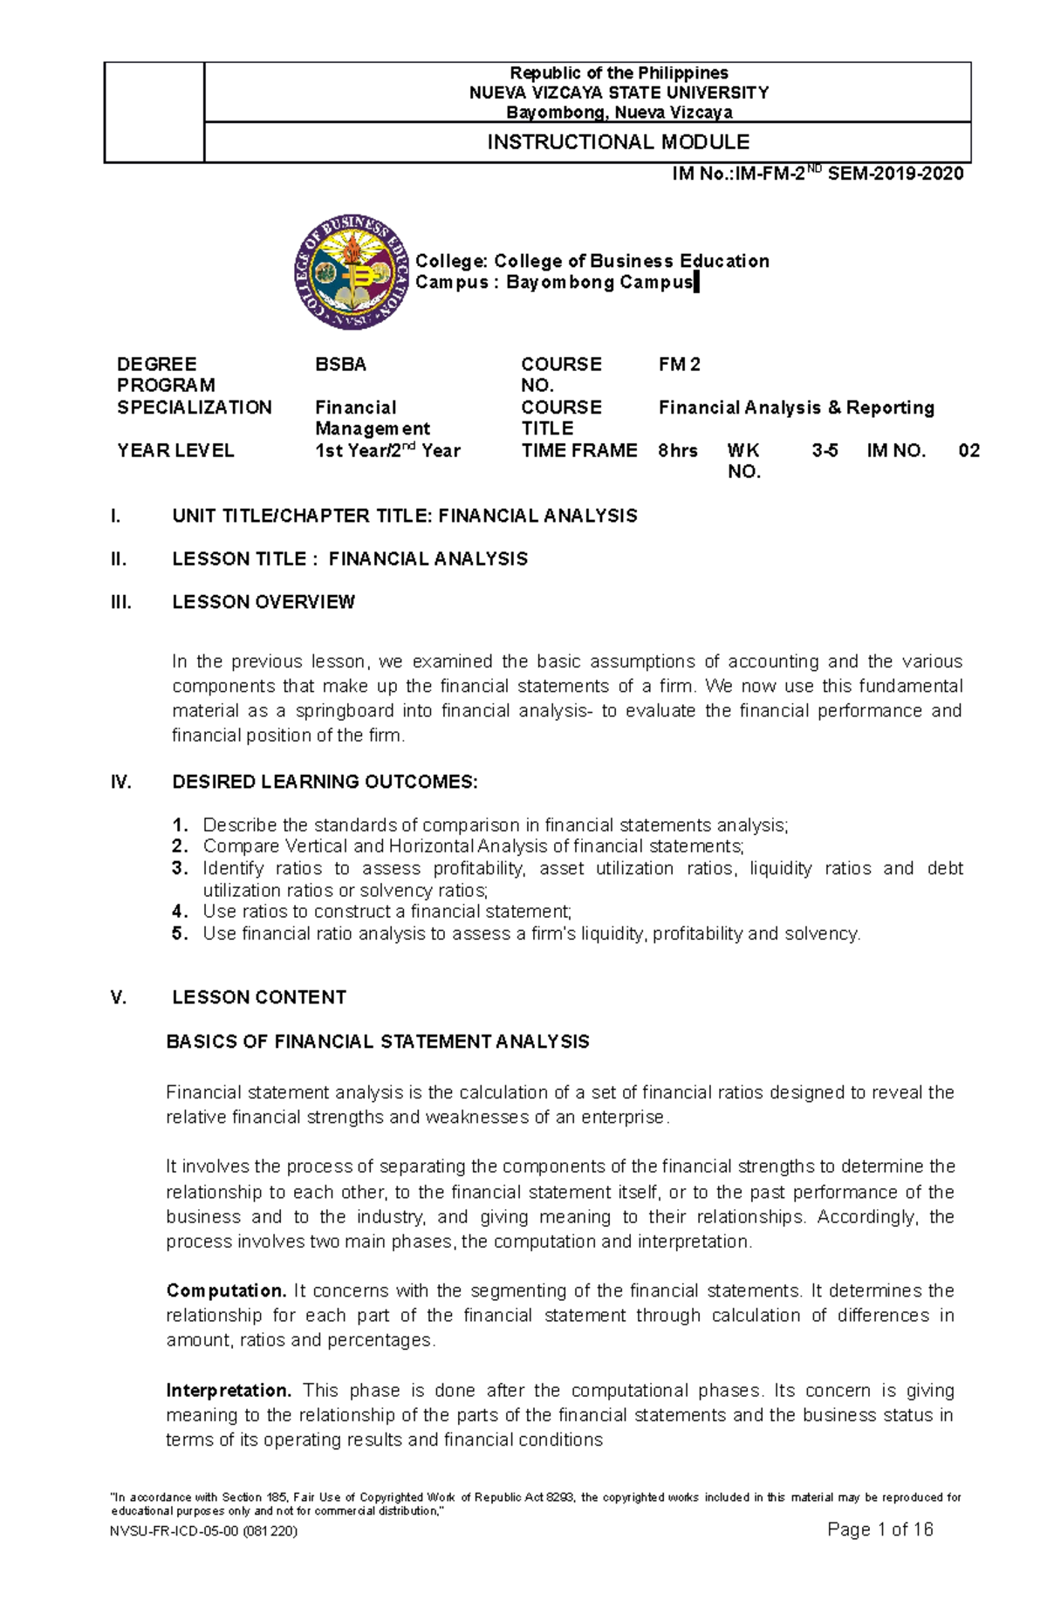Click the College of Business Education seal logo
tap(352, 272)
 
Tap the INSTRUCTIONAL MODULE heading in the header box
tap(618, 142)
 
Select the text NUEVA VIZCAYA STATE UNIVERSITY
tap(619, 92)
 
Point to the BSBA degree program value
tap(340, 365)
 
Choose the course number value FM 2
tap(679, 365)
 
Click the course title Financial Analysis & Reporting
tap(796, 407)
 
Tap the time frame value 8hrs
tap(677, 451)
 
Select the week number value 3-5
tap(825, 451)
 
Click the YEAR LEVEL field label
tap(175, 451)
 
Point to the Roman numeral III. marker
tap(120, 602)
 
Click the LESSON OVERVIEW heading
tap(263, 602)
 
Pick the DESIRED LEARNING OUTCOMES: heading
tap(325, 782)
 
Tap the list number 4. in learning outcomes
tap(180, 912)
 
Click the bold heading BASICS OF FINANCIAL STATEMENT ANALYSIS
tap(377, 1042)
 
